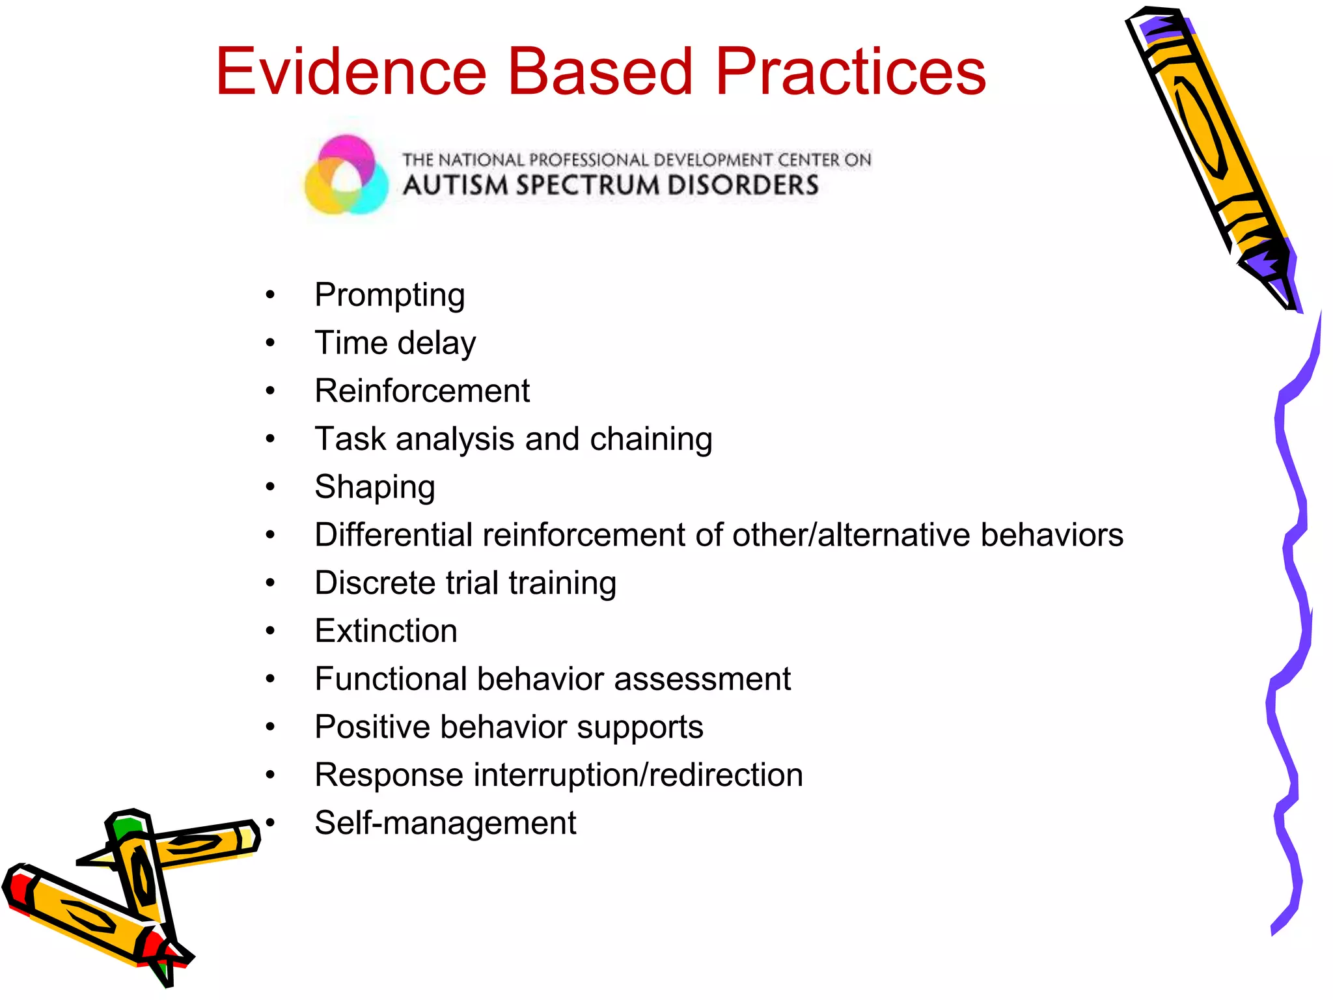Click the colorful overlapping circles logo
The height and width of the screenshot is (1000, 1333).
[x=346, y=174]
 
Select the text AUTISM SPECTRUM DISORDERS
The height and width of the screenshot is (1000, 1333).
[x=611, y=186]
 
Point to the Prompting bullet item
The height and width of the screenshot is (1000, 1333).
[x=389, y=295]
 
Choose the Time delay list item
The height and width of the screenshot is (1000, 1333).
[x=395, y=343]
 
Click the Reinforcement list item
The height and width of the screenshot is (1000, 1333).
[x=422, y=391]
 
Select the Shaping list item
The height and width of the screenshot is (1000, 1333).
[x=374, y=488]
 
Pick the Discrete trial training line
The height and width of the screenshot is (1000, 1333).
[x=465, y=583]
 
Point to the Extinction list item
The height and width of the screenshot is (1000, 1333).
[x=386, y=631]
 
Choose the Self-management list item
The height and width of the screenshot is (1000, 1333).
[x=445, y=823]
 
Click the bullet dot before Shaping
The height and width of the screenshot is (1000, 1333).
[x=271, y=487]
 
